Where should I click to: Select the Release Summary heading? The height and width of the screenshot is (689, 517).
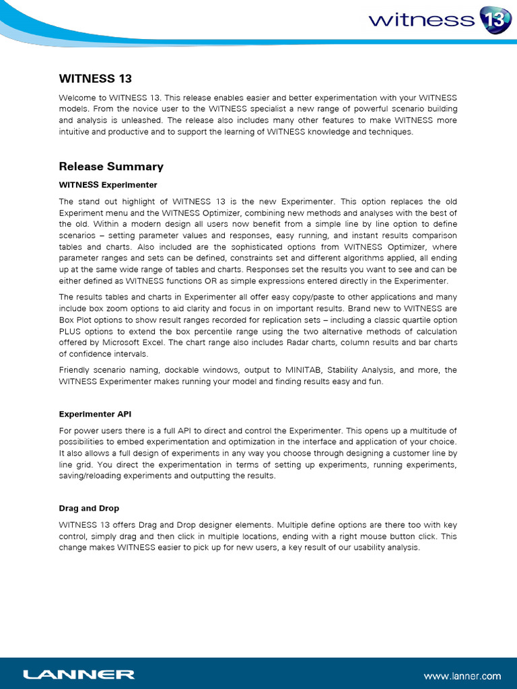click(111, 166)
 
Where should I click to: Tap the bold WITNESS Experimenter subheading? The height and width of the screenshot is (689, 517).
click(108, 184)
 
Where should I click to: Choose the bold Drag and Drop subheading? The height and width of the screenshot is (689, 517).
click(89, 508)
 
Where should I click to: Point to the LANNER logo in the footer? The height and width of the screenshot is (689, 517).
click(79, 674)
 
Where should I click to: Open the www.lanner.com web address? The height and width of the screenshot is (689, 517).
click(462, 676)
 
